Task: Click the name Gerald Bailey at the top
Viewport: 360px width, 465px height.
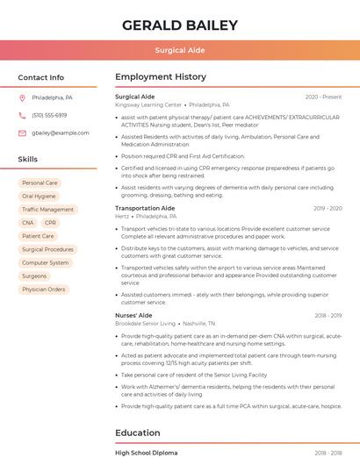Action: [x=179, y=25]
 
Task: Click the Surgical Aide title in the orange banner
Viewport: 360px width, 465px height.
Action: [x=179, y=51]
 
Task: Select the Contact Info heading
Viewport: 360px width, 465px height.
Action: [x=41, y=77]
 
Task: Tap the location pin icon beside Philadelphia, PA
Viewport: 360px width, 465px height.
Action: [x=22, y=98]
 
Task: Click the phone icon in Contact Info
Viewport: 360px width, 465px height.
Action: [x=22, y=116]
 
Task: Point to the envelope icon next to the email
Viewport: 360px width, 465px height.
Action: [x=22, y=133]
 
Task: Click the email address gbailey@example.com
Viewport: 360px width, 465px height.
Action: [x=61, y=133]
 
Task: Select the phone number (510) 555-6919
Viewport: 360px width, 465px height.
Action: [x=49, y=116]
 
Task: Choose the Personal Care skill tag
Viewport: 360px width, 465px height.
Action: [x=40, y=183]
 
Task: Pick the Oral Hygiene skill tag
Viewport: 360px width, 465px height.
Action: [x=39, y=197]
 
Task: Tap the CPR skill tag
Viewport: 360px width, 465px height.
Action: [x=50, y=223]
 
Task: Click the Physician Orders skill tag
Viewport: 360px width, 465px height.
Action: [x=44, y=289]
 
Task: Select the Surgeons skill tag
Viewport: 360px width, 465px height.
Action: [x=34, y=275]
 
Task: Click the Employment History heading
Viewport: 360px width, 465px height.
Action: [x=161, y=77]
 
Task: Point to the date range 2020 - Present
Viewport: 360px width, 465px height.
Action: [x=323, y=97]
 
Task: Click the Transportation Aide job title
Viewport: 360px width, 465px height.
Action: [x=145, y=208]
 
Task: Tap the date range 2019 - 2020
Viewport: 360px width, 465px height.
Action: [x=327, y=208]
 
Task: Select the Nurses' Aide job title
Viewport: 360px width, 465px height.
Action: [x=133, y=315]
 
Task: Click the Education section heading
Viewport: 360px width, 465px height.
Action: [x=138, y=433]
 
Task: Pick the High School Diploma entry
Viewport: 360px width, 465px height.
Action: [x=147, y=453]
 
